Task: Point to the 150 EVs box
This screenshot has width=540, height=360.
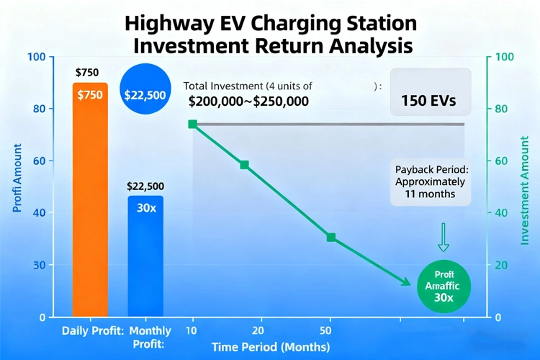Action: (x=431, y=100)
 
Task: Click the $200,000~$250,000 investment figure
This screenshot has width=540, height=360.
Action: (x=248, y=102)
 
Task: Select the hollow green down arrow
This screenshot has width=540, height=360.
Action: (x=444, y=236)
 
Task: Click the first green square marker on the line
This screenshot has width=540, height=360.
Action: (x=192, y=125)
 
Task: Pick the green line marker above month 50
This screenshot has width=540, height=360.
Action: (x=330, y=238)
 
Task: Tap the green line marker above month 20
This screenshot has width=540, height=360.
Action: (x=244, y=165)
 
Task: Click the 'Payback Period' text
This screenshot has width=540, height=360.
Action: (x=430, y=170)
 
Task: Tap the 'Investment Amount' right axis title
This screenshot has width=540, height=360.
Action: (x=526, y=187)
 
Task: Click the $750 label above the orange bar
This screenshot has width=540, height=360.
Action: (x=87, y=72)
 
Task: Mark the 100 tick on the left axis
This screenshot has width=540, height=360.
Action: (x=37, y=57)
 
